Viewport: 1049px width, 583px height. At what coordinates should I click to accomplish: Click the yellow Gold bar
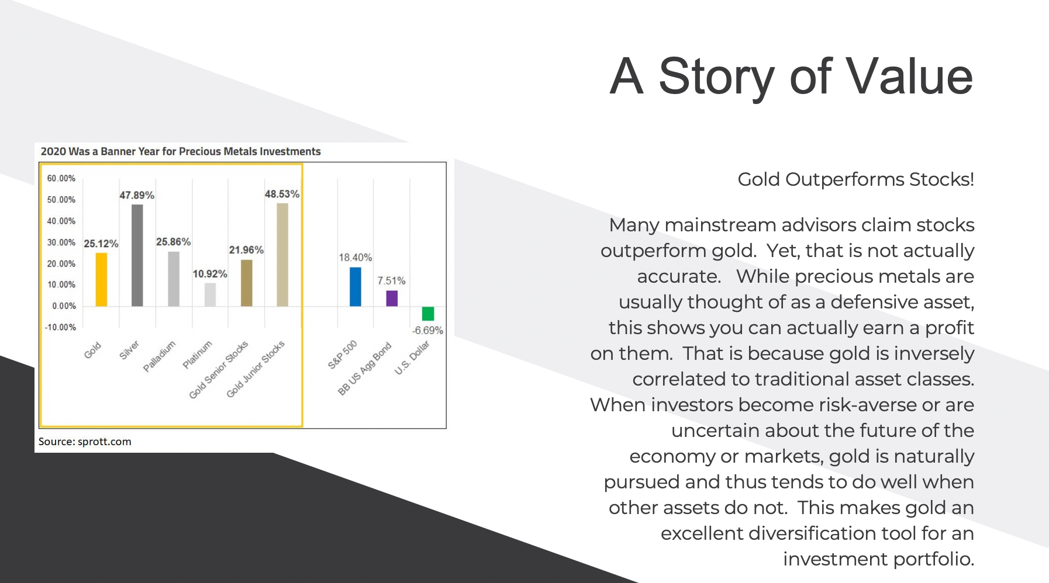(101, 279)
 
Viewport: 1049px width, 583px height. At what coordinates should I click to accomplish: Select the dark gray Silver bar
(137, 255)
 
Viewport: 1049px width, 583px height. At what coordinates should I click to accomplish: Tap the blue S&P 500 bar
(356, 287)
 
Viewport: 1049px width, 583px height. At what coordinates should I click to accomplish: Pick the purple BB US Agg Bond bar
(392, 299)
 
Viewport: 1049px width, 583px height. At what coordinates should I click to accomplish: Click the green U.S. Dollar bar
(428, 314)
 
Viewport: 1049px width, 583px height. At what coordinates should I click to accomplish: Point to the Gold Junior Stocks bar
(282, 255)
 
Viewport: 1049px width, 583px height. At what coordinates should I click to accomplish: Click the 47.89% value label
(137, 195)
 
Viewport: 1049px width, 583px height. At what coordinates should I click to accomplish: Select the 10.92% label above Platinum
(210, 274)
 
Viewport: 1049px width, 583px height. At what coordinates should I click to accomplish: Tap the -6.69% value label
(427, 331)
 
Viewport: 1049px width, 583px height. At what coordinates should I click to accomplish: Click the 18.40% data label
(356, 258)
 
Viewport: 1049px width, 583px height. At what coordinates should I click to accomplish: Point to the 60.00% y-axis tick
(61, 178)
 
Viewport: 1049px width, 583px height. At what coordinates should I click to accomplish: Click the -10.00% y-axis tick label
(61, 327)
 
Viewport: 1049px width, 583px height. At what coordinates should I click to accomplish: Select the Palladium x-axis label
(160, 356)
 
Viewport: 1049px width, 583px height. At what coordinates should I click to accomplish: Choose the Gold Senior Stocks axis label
(219, 370)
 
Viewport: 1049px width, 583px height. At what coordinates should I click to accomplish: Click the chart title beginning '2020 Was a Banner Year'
(181, 151)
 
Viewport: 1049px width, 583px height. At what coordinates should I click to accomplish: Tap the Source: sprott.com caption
(85, 442)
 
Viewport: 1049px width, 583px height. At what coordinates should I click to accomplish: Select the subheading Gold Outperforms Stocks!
(855, 179)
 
